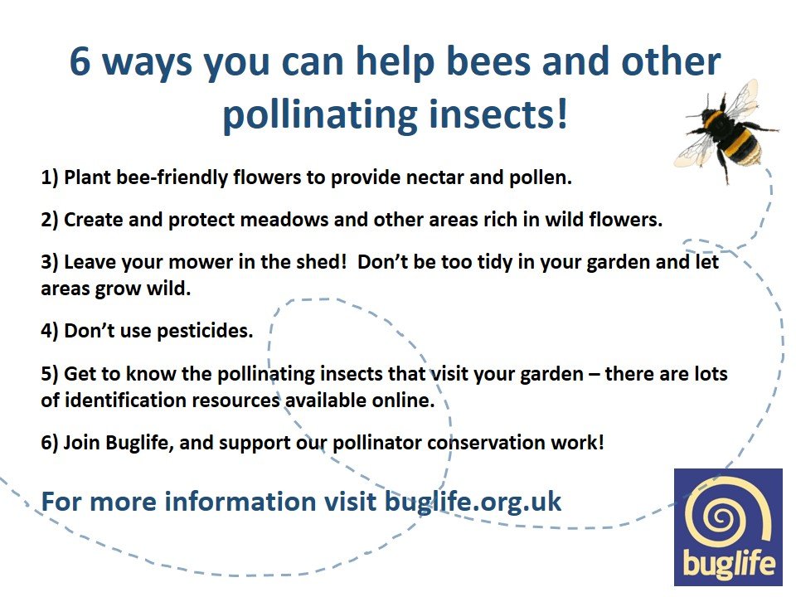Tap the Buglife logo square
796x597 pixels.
click(728, 527)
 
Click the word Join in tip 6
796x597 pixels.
click(83, 443)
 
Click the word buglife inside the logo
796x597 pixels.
click(728, 565)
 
